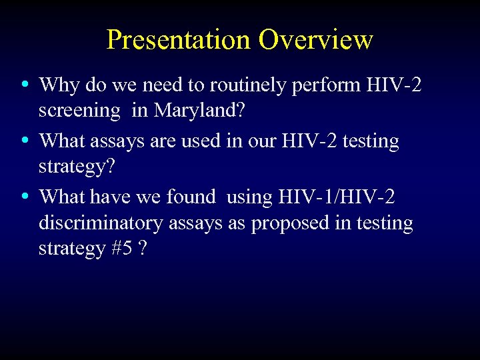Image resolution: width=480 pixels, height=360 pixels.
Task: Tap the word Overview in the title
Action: click(x=316, y=39)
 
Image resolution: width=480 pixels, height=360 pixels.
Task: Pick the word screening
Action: click(x=79, y=111)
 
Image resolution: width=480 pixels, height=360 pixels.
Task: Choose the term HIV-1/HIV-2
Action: click(x=336, y=197)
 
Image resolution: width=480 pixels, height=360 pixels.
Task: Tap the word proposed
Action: click(x=281, y=223)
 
